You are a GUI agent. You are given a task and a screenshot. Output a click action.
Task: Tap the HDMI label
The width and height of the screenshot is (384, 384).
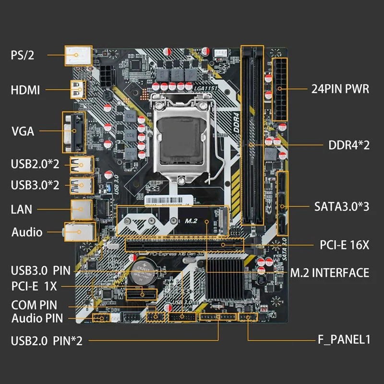click(x=25, y=90)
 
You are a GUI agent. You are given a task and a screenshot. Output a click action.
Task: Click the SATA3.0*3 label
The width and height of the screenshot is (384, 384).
click(x=342, y=207)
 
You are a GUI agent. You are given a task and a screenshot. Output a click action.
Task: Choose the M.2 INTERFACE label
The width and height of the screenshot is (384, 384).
click(x=330, y=273)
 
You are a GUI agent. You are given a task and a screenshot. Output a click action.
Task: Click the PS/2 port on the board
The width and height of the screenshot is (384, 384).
click(x=78, y=56)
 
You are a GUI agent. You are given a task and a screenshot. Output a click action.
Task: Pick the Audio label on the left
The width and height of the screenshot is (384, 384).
click(x=27, y=232)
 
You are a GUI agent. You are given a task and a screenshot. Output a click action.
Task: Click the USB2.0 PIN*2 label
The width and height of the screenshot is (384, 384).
click(x=47, y=341)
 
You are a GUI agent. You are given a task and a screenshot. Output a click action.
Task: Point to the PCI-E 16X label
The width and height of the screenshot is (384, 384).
click(x=344, y=245)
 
